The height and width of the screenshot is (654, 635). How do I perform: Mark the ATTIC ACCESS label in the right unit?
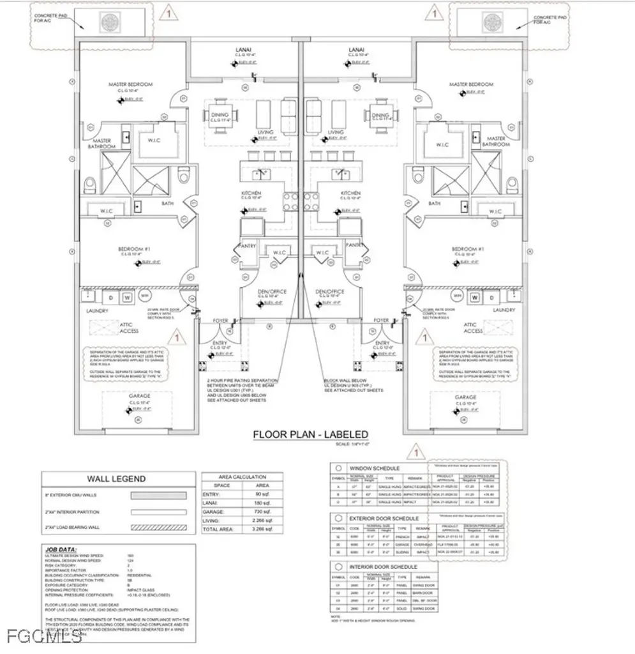click(x=472, y=328)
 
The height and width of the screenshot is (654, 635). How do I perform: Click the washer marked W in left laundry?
click(x=126, y=297)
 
